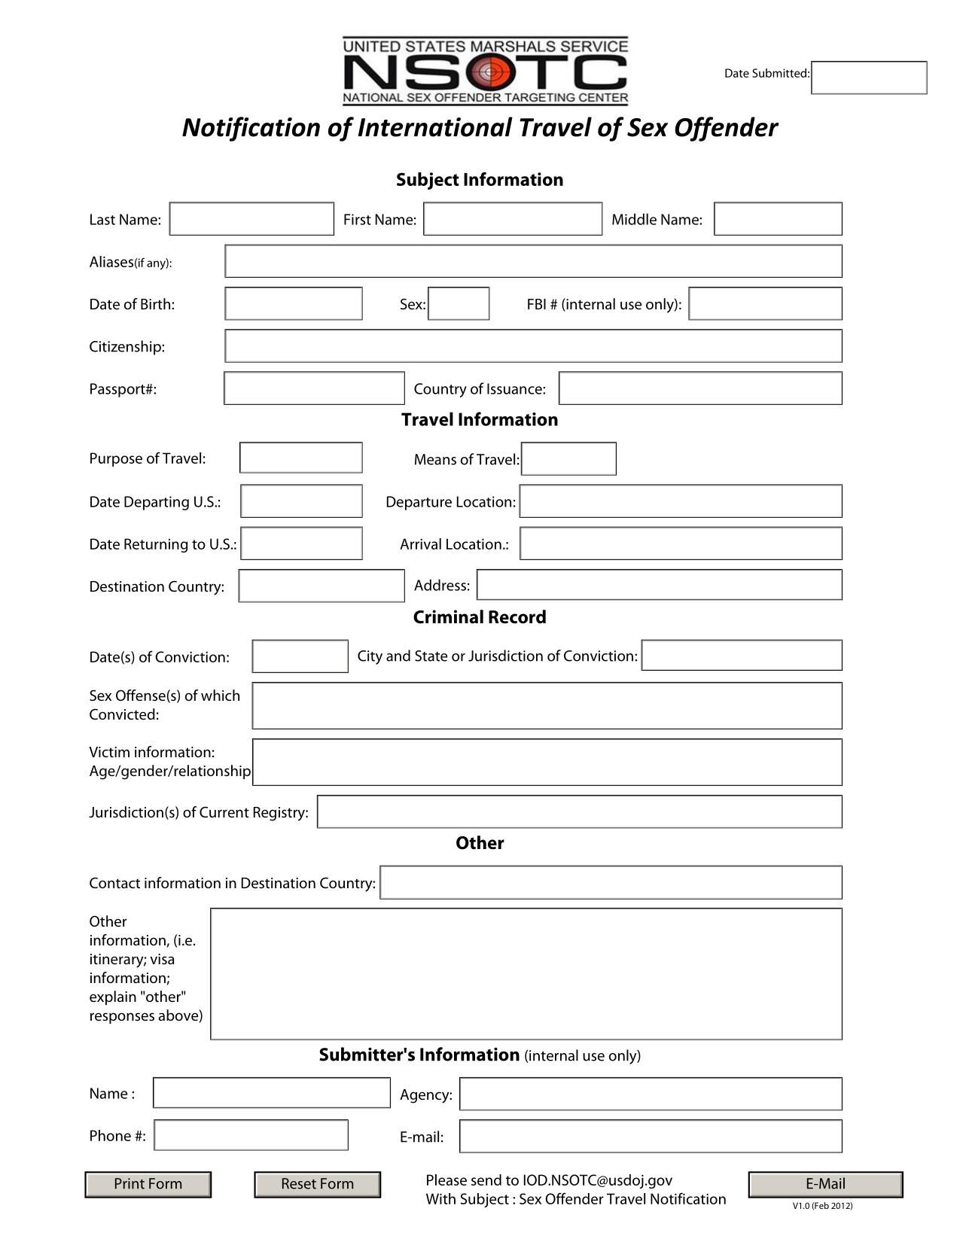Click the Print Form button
tap(148, 1184)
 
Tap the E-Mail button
tap(825, 1184)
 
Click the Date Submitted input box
tap(869, 78)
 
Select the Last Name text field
tap(251, 219)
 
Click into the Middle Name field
tap(778, 219)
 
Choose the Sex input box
tap(459, 303)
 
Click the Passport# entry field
tap(314, 388)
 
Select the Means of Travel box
tap(568, 459)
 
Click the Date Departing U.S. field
tap(301, 501)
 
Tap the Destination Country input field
tap(322, 586)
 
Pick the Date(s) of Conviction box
tap(300, 656)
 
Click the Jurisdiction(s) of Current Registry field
tap(579, 811)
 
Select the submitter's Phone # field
tap(251, 1135)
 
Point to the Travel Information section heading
tap(480, 420)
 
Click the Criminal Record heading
tap(480, 617)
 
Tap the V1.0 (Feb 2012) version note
tap(822, 1206)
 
